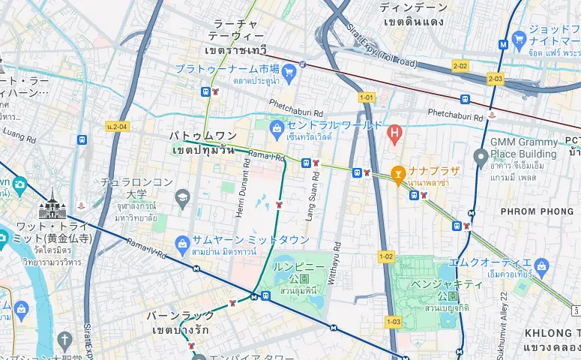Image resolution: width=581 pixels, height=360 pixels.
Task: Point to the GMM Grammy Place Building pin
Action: pos(481,155)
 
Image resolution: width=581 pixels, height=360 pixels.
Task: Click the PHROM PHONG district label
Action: pos(536,211)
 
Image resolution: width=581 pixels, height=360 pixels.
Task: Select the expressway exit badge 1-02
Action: pos(385,256)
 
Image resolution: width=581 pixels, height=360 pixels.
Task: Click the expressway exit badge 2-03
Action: pos(495,79)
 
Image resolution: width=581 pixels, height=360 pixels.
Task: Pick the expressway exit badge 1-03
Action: pos(394,321)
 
